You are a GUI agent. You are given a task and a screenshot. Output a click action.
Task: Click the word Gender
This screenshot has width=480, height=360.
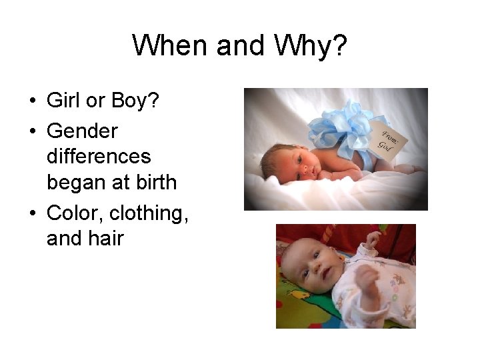pyautogui.click(x=82, y=131)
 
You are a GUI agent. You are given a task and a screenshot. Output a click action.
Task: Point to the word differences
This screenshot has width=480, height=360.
pyautogui.click(x=99, y=156)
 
